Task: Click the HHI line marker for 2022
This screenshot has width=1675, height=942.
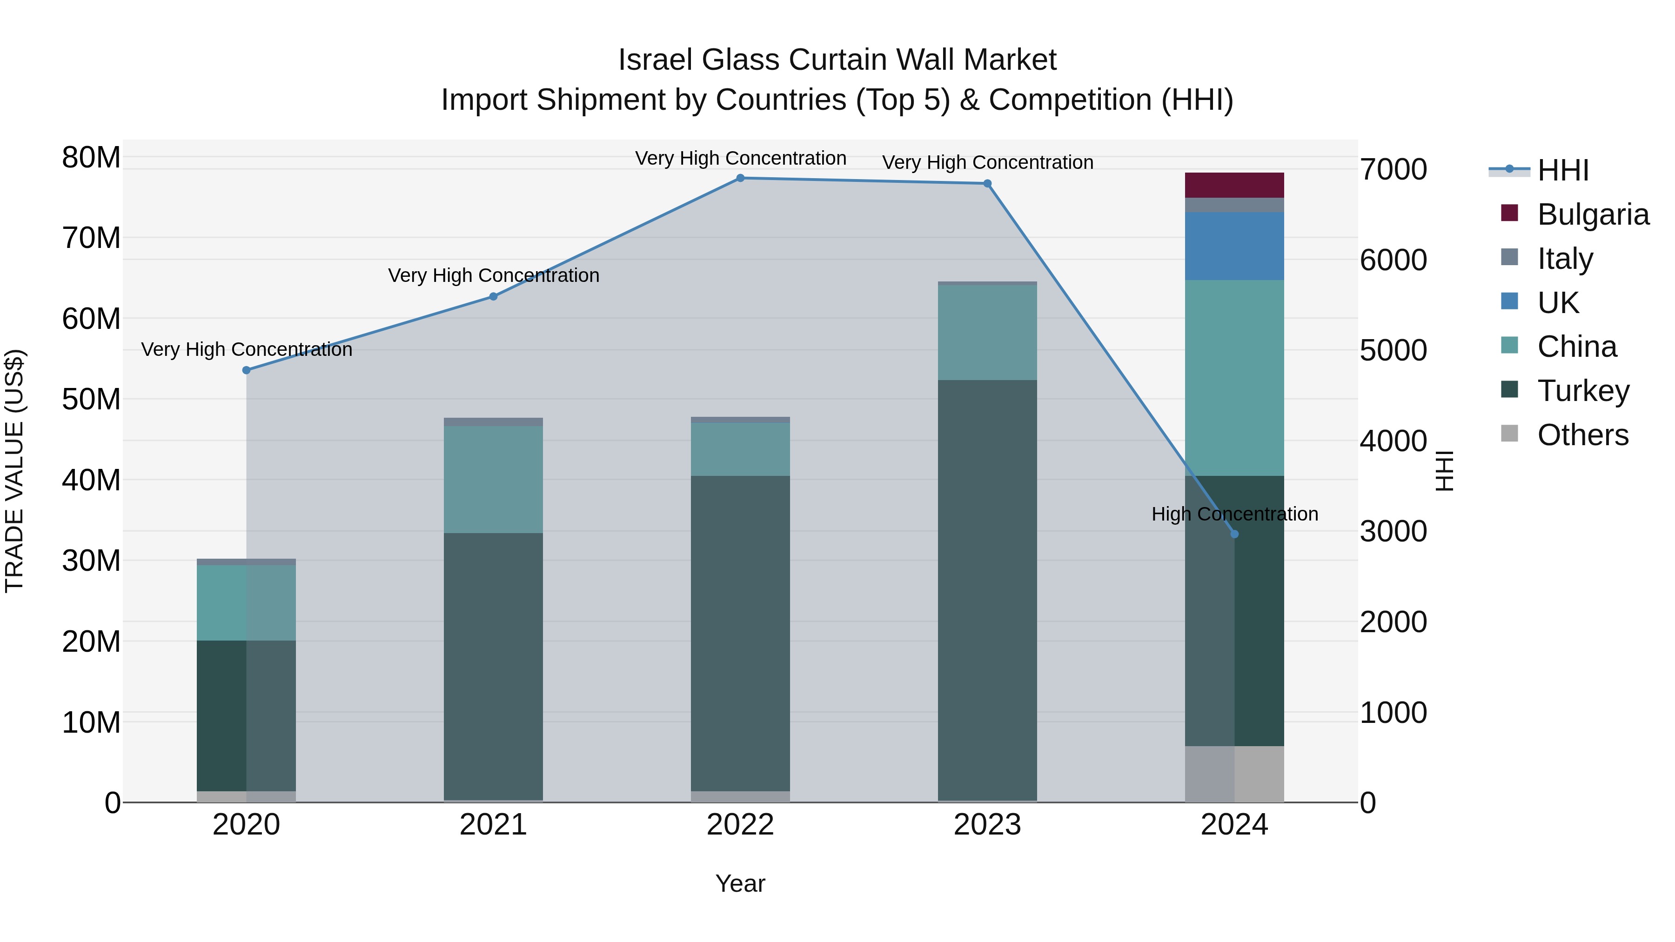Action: click(x=740, y=178)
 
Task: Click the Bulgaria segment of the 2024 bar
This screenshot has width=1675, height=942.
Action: click(x=1234, y=185)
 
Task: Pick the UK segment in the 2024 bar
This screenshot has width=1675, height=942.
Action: click(x=1234, y=246)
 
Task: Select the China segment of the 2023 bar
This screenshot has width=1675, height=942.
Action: click(x=987, y=332)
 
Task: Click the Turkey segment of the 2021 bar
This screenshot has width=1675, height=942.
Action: click(x=493, y=666)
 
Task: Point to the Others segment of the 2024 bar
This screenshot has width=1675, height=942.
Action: click(x=1234, y=774)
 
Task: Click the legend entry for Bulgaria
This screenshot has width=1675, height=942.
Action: click(x=1593, y=214)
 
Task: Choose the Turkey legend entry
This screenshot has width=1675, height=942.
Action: click(x=1583, y=391)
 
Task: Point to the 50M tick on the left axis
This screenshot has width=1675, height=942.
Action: click(x=91, y=399)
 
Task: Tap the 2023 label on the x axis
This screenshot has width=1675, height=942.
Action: click(x=987, y=825)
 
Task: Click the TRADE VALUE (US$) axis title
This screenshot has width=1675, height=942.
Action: click(x=14, y=471)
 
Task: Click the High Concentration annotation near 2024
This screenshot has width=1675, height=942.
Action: click(x=1234, y=514)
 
